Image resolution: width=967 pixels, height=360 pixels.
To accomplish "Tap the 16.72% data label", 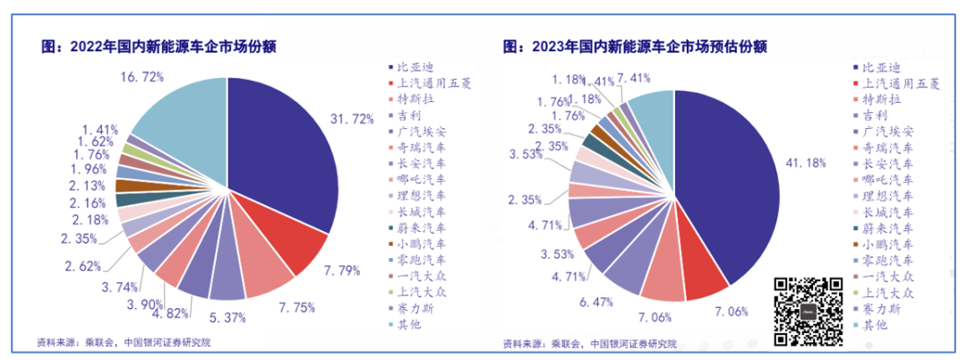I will pyautogui.click(x=142, y=78).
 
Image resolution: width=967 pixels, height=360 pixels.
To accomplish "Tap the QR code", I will pyautogui.click(x=809, y=311).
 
